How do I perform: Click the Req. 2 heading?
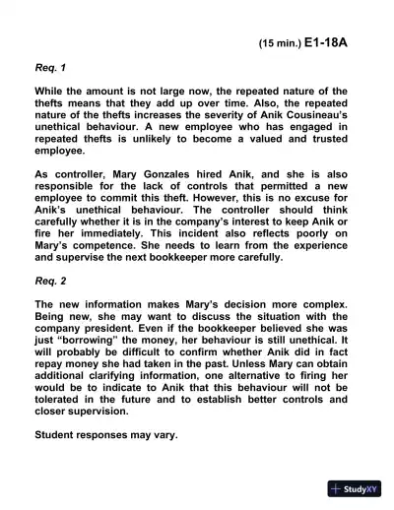50,280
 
